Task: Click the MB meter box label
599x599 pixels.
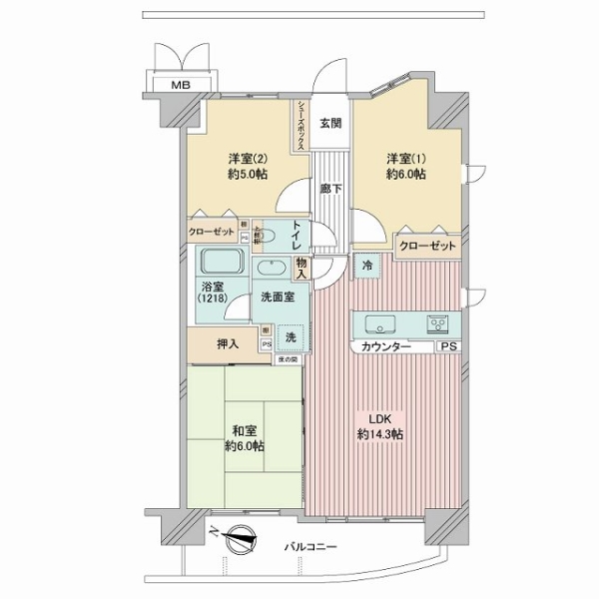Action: tap(181, 85)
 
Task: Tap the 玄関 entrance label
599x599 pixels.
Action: tap(330, 124)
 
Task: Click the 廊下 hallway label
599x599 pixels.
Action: tap(330, 187)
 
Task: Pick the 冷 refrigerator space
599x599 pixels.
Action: tap(367, 267)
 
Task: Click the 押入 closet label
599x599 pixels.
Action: tap(228, 343)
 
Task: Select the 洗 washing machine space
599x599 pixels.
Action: tap(291, 337)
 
